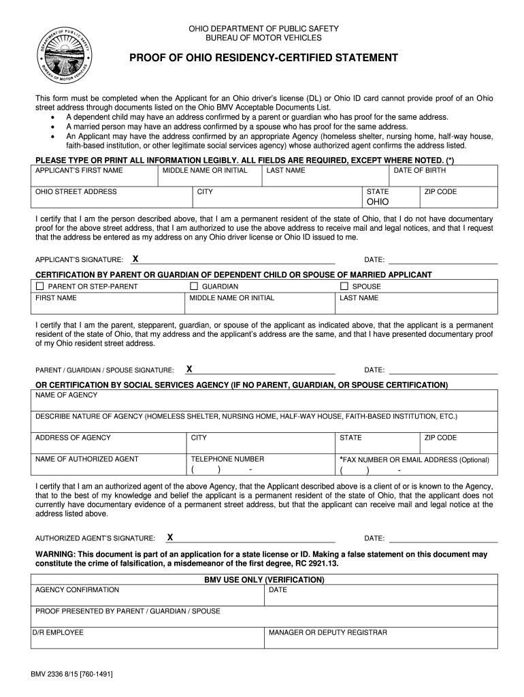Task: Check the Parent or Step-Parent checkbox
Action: pyautogui.click(x=39, y=287)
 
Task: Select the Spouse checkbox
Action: pyautogui.click(x=344, y=287)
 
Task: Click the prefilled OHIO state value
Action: pyautogui.click(x=378, y=202)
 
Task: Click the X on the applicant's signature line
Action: pyautogui.click(x=135, y=259)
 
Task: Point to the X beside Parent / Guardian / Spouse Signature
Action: pyautogui.click(x=189, y=370)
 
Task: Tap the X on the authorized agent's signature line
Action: pyautogui.click(x=170, y=537)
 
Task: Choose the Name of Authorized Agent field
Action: pyautogui.click(x=109, y=464)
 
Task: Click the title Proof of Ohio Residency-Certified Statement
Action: pyautogui.click(x=263, y=58)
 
